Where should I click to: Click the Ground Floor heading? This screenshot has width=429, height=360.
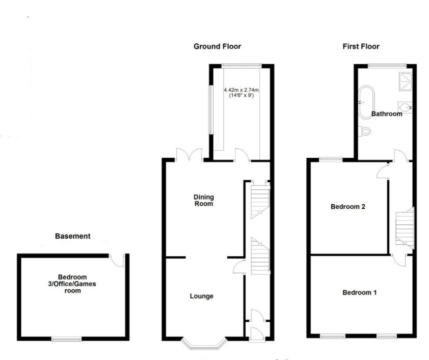(217, 46)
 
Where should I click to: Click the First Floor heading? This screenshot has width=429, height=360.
(361, 46)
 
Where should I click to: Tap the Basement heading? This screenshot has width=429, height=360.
(73, 236)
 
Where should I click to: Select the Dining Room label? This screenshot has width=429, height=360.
(203, 201)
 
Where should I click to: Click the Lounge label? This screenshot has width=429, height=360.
(202, 296)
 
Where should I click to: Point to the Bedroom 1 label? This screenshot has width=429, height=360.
(360, 293)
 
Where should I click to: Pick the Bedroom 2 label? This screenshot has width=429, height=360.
(348, 207)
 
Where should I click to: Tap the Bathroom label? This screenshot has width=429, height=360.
(386, 114)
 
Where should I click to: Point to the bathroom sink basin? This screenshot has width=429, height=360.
(406, 108)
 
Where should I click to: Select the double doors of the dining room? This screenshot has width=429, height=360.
(190, 154)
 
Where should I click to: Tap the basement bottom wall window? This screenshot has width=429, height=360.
(67, 338)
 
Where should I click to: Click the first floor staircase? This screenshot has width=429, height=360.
(405, 224)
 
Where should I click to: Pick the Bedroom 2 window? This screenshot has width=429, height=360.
(331, 159)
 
